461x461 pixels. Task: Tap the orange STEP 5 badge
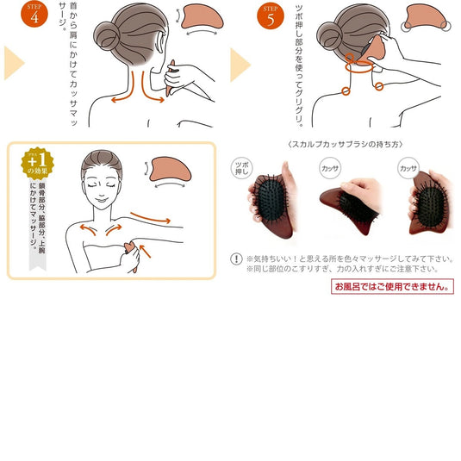click(270, 15)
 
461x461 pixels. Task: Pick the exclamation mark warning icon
click(237, 258)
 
